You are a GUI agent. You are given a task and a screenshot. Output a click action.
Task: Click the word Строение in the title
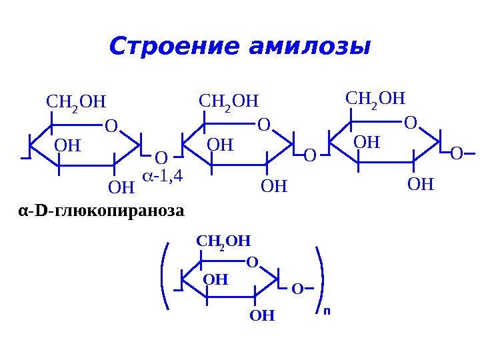click(x=172, y=47)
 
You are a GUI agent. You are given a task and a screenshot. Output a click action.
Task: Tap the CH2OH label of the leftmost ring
click(x=76, y=102)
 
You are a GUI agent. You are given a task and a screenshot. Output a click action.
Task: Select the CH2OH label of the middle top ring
click(x=229, y=102)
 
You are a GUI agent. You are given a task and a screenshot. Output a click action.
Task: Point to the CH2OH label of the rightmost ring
click(x=375, y=100)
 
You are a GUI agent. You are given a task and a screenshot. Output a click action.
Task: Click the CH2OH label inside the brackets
click(x=223, y=241)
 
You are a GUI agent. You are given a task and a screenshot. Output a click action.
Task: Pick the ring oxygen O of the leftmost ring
click(x=111, y=125)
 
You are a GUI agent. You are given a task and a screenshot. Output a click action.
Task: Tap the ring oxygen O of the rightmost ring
click(x=410, y=123)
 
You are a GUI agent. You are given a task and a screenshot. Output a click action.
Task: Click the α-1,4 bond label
click(x=163, y=177)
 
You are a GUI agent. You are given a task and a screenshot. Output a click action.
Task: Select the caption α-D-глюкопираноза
click(x=100, y=211)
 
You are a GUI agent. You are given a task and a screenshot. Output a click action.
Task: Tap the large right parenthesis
click(x=321, y=279)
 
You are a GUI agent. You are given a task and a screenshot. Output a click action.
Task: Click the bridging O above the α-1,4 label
click(x=161, y=158)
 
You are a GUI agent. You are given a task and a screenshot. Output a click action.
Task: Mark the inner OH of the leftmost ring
click(x=67, y=145)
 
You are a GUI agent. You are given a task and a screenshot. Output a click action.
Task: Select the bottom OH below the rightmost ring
click(x=421, y=183)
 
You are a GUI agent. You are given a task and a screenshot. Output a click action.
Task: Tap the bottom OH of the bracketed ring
click(x=262, y=315)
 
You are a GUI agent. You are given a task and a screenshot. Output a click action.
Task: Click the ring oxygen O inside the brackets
click(x=252, y=263)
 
